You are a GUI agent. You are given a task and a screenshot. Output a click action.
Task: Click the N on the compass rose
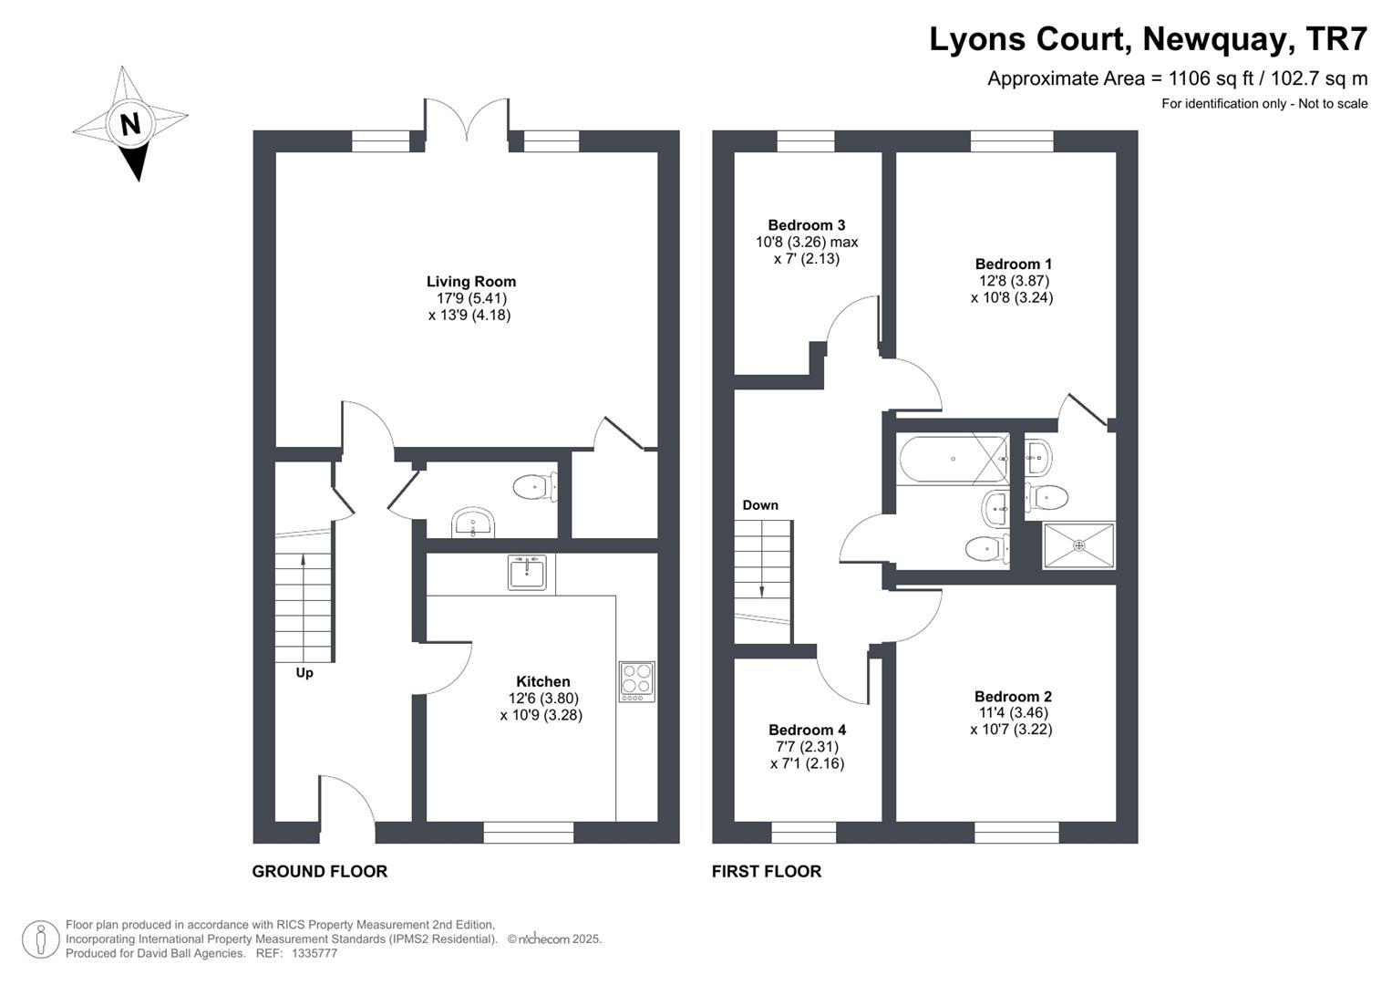[129, 124]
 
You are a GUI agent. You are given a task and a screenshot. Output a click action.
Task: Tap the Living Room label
[471, 282]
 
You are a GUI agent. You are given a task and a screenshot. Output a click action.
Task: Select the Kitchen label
[542, 681]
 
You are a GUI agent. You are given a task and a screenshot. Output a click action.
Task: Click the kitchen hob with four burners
[637, 681]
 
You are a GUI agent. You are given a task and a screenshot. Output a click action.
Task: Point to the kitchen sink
[527, 572]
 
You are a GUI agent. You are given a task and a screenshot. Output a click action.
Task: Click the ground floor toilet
[535, 487]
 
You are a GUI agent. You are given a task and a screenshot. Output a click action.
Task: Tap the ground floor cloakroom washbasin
[473, 523]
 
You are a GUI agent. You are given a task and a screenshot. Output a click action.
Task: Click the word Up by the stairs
[304, 673]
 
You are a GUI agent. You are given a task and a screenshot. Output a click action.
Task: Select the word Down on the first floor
[760, 505]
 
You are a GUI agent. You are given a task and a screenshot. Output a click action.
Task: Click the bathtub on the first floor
[953, 459]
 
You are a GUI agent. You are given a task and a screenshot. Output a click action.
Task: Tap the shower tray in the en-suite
[1078, 545]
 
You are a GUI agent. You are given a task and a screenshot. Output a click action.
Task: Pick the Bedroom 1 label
[1013, 264]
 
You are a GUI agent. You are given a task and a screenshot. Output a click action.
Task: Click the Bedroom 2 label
[1012, 697]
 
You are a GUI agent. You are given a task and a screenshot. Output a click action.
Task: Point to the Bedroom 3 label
[806, 225]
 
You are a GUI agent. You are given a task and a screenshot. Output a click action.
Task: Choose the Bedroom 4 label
[807, 730]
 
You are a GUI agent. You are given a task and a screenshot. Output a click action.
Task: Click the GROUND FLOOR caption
[319, 871]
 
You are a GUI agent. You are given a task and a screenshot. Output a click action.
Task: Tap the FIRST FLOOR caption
[767, 871]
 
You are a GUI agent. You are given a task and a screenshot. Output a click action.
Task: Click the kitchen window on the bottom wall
[528, 832]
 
